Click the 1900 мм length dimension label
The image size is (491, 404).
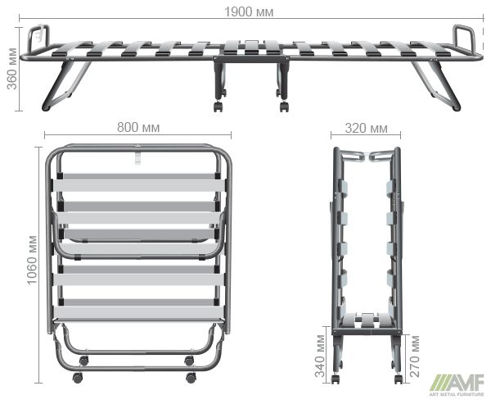click(x=249, y=12)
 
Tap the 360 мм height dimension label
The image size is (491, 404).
click(x=12, y=69)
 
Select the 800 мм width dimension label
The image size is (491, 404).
click(x=138, y=128)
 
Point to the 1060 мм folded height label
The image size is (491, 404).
click(x=32, y=260)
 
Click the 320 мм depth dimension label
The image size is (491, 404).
click(x=366, y=129)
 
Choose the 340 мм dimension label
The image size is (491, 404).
click(x=320, y=356)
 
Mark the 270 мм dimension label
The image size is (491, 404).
click(x=415, y=356)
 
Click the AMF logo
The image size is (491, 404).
click(x=457, y=385)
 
